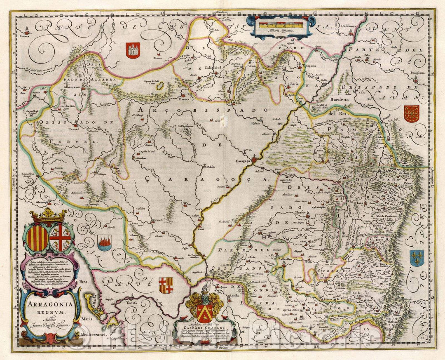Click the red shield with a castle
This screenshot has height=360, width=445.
coord(133,50)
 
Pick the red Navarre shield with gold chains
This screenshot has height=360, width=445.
coord(411,113)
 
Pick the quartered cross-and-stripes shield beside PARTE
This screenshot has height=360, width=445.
coord(166,285)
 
